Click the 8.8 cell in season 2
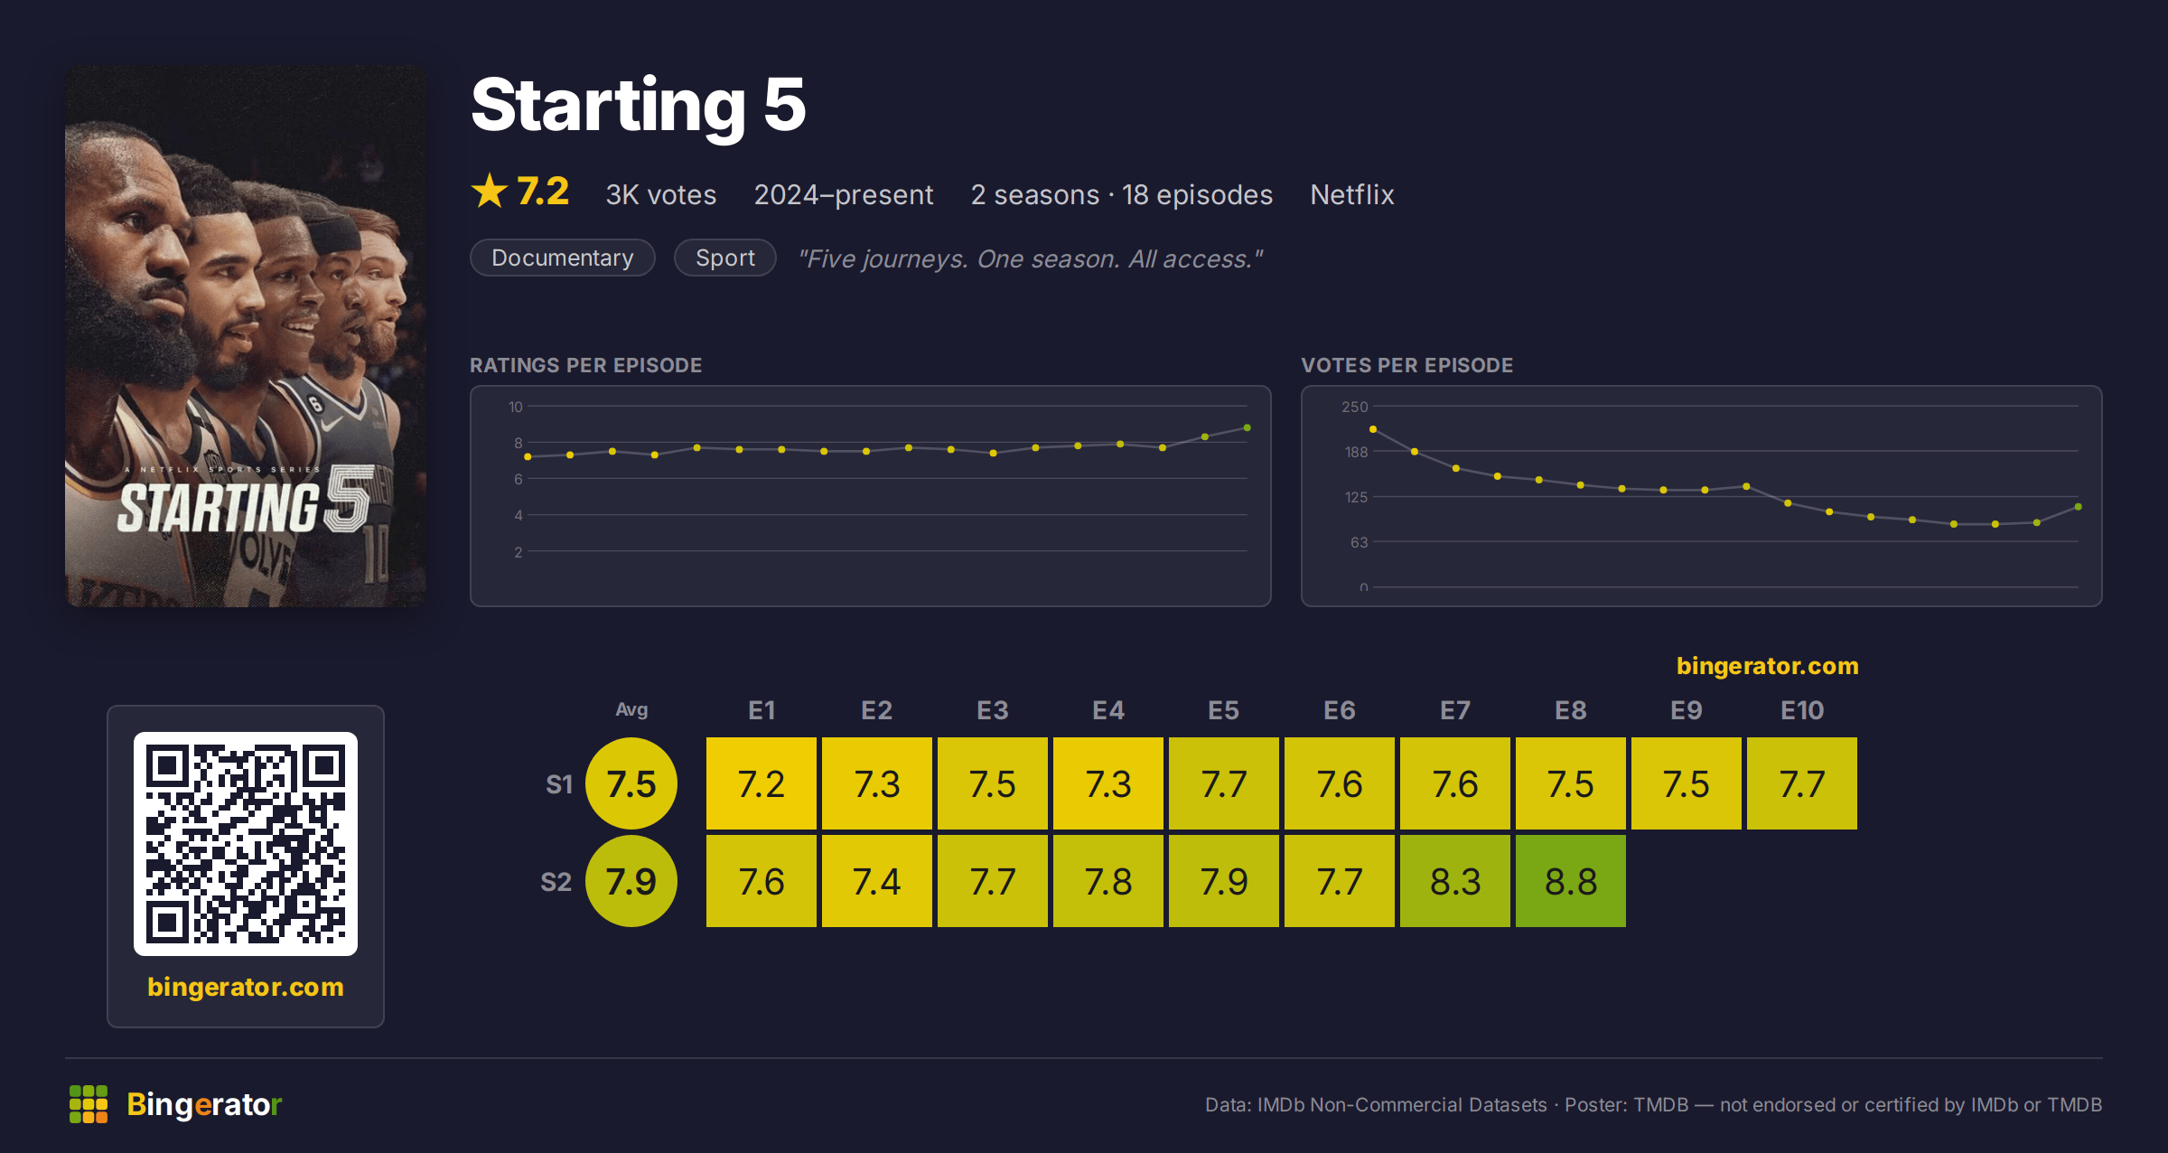[x=1571, y=881]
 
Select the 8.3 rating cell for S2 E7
[x=1455, y=881]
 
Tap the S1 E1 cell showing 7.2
[x=762, y=783]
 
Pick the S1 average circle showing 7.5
[x=631, y=783]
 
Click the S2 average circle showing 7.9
[x=631, y=881]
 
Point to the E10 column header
[x=1802, y=710]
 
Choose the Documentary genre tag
[x=563, y=258]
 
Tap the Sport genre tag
[x=725, y=258]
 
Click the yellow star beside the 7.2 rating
[x=490, y=191]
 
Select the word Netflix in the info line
[x=1352, y=194]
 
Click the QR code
[x=246, y=844]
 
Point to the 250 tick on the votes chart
[x=1355, y=407]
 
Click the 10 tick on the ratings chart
[x=516, y=407]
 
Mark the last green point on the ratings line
[x=1248, y=427]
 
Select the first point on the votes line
[x=1373, y=429]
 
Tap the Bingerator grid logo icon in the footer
[x=89, y=1104]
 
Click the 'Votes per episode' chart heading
[x=1406, y=365]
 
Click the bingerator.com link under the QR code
[x=246, y=987]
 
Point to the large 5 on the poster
[x=349, y=498]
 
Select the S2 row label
[x=556, y=881]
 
